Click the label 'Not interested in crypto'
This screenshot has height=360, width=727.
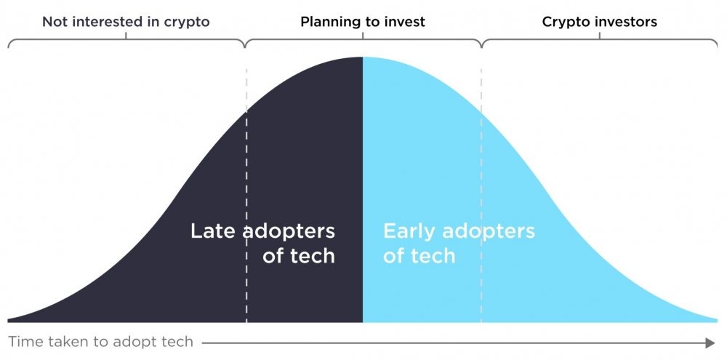[126, 22]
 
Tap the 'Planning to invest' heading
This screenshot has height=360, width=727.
[363, 22]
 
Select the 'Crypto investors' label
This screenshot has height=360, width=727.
[600, 22]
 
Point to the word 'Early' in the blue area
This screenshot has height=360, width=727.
[409, 231]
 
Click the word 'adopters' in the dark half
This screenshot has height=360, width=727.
[289, 231]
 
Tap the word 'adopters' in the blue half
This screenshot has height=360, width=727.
[489, 231]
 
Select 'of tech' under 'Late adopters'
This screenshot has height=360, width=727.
[299, 255]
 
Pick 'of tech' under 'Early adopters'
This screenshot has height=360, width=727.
[419, 255]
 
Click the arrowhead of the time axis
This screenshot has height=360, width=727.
[710, 343]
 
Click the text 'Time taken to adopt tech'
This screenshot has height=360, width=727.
[100, 343]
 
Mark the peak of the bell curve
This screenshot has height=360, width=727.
[363, 57]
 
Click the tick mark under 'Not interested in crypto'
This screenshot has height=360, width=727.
[126, 35]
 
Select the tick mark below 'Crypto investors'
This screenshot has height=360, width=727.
[600, 35]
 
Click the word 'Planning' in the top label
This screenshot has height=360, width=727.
[329, 23]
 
